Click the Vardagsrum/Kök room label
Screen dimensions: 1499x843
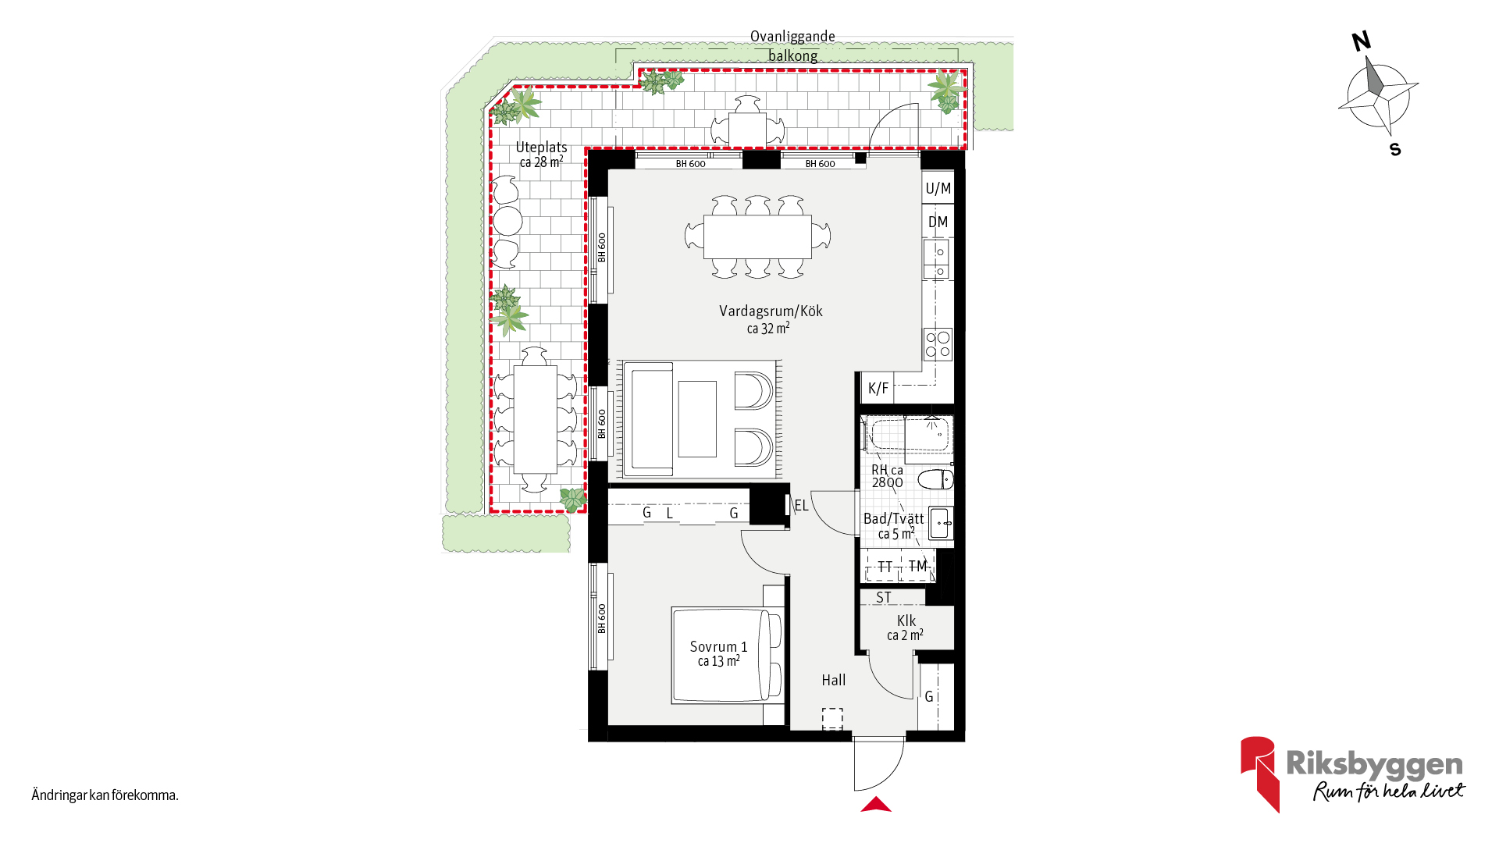click(x=771, y=311)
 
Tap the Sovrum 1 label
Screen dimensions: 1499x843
click(x=718, y=647)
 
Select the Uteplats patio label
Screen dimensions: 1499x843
click(x=541, y=148)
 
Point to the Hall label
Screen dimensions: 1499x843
click(x=833, y=680)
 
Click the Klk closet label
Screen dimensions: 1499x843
click(x=906, y=621)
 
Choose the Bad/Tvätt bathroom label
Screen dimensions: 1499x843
click(x=893, y=518)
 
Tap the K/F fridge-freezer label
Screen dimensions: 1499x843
click(x=878, y=388)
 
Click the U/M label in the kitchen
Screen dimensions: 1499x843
click(x=938, y=188)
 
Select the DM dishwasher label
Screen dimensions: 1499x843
click(x=938, y=222)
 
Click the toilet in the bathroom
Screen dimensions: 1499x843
click(x=935, y=479)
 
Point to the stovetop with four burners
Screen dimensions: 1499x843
click(x=938, y=344)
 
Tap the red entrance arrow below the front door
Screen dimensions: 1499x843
click(x=876, y=804)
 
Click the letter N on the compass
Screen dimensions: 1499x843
click(x=1362, y=41)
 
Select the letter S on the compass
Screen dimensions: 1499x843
click(x=1395, y=149)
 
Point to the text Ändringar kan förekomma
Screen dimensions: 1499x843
click(x=105, y=795)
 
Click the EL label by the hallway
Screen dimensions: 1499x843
click(x=801, y=506)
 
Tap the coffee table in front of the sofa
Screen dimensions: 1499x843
click(x=697, y=419)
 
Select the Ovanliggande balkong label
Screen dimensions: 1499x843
click(x=792, y=46)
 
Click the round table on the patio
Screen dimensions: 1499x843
click(x=508, y=221)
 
